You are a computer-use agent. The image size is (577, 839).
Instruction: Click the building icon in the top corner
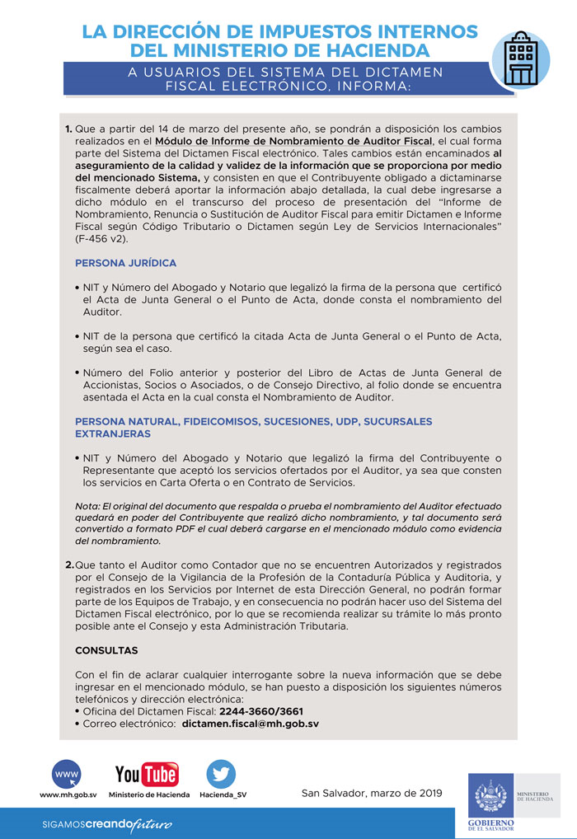tap(520, 59)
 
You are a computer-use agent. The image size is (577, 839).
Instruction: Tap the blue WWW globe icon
tap(67, 774)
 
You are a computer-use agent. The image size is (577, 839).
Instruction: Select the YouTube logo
tap(147, 775)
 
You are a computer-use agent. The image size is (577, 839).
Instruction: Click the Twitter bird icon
tap(221, 774)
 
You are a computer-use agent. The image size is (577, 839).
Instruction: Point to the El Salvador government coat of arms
tap(492, 795)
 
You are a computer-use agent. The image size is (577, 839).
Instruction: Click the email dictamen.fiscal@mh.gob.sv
tap(250, 724)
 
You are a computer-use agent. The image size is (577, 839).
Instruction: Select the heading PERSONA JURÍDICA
tap(125, 263)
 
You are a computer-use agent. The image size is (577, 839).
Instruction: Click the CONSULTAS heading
tap(106, 650)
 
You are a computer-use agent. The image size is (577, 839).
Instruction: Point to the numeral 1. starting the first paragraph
tap(68, 129)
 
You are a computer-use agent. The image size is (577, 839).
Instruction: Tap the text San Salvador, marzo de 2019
tap(372, 794)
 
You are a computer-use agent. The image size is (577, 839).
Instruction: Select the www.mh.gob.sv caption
tap(68, 795)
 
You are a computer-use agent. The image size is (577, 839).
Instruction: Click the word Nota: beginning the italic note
tap(87, 505)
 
